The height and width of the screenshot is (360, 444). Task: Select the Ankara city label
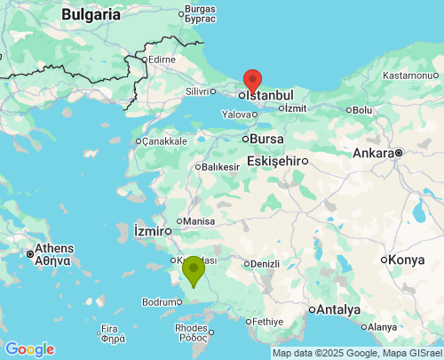(x=373, y=153)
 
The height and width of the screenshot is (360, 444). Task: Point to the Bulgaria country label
(x=91, y=14)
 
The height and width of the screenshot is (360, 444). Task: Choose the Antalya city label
(x=340, y=309)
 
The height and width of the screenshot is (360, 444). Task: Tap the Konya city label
(x=408, y=260)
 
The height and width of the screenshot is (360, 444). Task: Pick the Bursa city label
(x=267, y=140)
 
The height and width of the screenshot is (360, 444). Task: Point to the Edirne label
(x=163, y=60)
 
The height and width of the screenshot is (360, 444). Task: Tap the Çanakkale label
(x=164, y=141)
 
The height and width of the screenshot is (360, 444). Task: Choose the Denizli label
(x=266, y=263)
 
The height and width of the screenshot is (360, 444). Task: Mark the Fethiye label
(x=266, y=321)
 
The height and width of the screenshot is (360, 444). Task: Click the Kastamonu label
(x=409, y=76)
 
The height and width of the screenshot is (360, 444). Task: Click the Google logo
(x=29, y=349)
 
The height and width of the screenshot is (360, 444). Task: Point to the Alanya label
(x=385, y=326)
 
